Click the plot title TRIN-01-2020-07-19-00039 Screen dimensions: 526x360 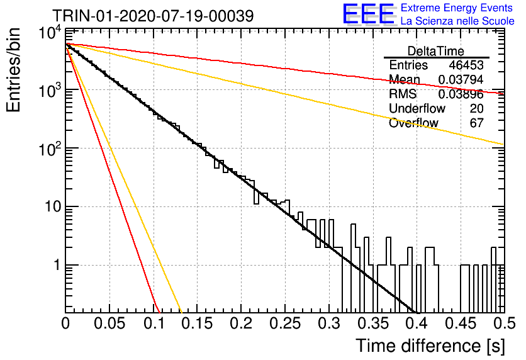(153, 16)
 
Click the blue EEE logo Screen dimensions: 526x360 (369, 14)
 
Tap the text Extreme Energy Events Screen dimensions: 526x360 (457, 8)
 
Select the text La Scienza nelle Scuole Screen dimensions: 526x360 (457, 21)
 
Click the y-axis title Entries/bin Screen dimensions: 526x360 (14, 70)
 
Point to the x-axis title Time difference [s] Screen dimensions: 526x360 (430, 346)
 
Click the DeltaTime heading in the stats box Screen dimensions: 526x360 (436, 51)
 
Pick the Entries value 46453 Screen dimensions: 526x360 (466, 65)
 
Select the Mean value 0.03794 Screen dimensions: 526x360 (461, 79)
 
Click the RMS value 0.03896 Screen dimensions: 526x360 (461, 94)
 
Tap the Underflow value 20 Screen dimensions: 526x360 (476, 108)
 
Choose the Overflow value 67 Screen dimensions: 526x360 (476, 123)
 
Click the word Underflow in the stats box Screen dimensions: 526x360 (417, 108)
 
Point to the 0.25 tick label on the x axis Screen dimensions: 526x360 (285, 323)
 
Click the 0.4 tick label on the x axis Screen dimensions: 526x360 (417, 323)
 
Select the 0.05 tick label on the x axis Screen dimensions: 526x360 (109, 323)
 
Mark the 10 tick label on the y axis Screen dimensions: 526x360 (53, 206)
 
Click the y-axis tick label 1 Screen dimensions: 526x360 (57, 265)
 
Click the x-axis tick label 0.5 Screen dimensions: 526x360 (505, 323)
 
